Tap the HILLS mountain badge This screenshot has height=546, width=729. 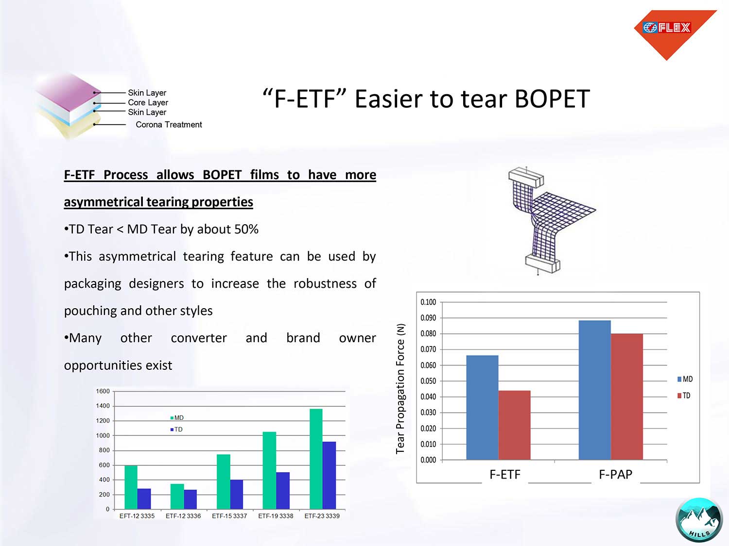[699, 520]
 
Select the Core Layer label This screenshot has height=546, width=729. [148, 102]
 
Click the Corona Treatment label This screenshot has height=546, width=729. [169, 124]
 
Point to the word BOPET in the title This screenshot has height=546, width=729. [552, 99]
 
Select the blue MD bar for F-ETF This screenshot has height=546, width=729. [482, 407]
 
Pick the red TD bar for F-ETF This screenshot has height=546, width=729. [514, 425]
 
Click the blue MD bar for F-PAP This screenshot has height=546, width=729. [594, 390]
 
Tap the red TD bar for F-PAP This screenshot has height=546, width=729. [627, 397]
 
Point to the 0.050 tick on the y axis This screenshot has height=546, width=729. [428, 381]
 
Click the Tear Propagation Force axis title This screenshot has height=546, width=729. [400, 389]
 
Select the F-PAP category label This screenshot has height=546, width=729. [615, 474]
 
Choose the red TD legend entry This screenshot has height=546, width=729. [684, 395]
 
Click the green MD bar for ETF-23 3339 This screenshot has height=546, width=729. [316, 459]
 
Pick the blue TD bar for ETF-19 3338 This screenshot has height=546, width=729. [283, 491]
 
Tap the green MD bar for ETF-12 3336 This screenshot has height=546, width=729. [177, 496]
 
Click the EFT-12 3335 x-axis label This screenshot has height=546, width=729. [137, 516]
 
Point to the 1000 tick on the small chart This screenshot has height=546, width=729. [103, 435]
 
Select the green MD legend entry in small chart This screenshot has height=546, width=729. [177, 418]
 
